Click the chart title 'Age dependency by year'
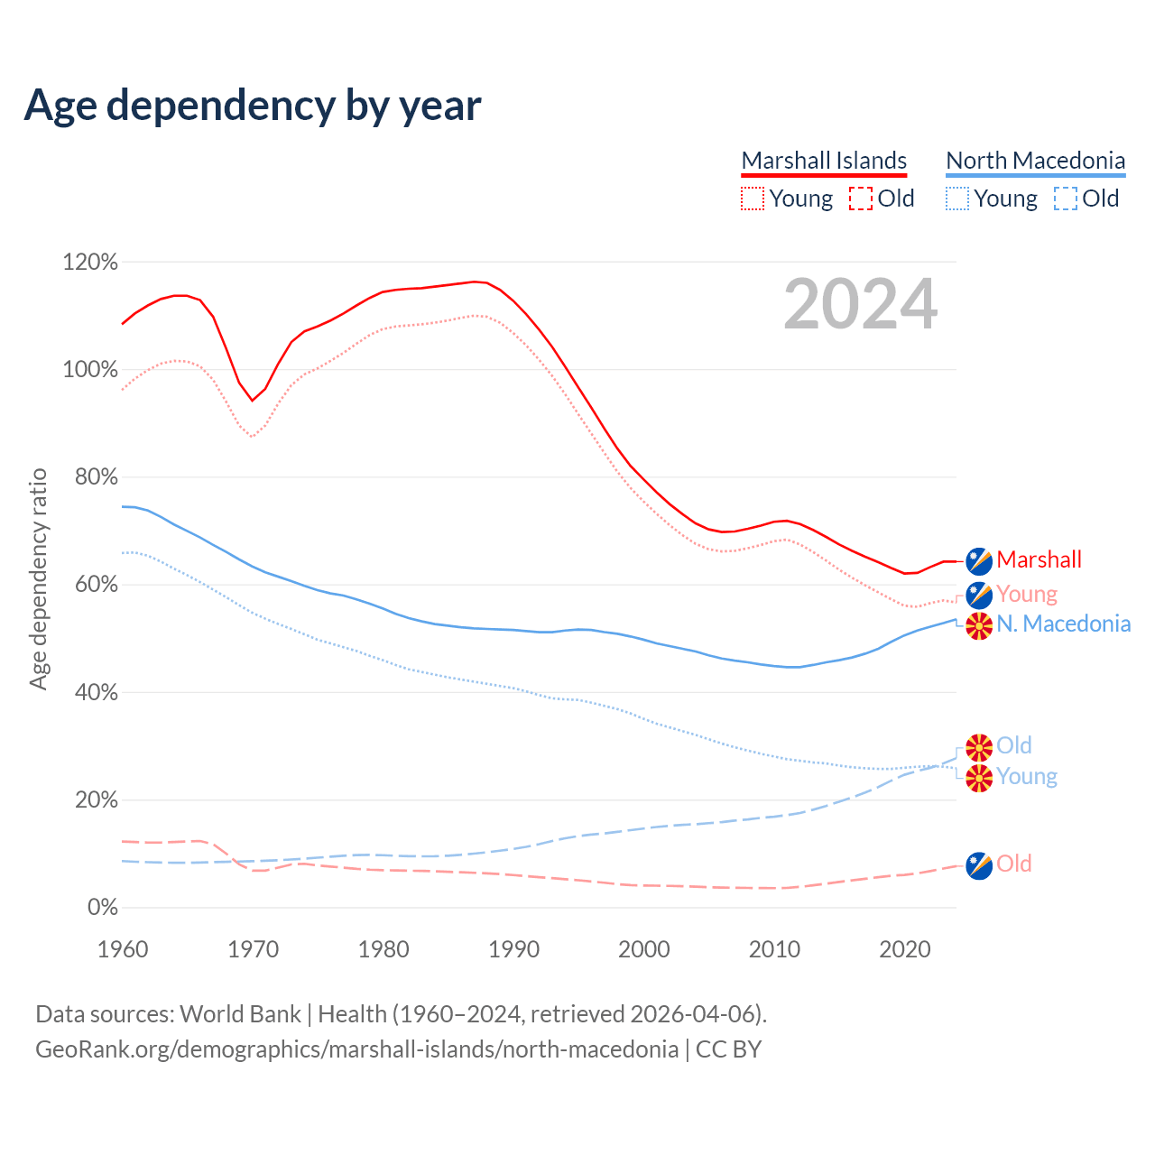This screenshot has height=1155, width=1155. click(253, 105)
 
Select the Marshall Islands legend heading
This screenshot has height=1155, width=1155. click(824, 161)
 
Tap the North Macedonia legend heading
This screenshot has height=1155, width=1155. click(1035, 161)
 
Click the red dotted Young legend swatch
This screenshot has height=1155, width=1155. click(752, 199)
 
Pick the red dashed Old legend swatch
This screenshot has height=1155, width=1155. click(861, 199)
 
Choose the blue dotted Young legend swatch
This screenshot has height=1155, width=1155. click(957, 199)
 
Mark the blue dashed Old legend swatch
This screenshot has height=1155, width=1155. click(1066, 199)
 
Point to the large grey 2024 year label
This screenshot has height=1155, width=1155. click(860, 304)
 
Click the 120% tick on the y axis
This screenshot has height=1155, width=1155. click(90, 263)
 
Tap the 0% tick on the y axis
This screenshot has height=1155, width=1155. click(102, 908)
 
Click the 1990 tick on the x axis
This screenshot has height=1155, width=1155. click(513, 949)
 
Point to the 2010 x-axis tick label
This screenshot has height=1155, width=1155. click(774, 949)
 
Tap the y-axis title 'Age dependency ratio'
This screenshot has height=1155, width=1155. click(38, 578)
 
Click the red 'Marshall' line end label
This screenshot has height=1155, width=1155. click(1039, 559)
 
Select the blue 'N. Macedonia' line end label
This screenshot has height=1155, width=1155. click(1063, 624)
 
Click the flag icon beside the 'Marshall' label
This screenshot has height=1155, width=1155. click(979, 560)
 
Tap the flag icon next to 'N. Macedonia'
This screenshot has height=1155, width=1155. click(979, 625)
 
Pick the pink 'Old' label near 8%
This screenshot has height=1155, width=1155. click(1013, 864)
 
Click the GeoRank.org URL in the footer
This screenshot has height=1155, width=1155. click(356, 1049)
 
